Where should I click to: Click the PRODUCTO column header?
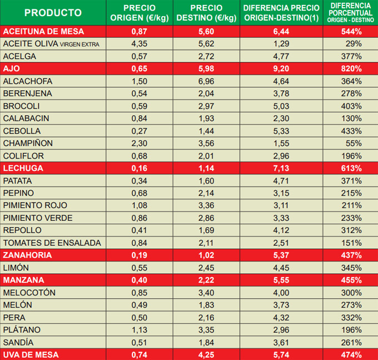pyautogui.click(x=53, y=13)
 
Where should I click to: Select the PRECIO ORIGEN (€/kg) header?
pyautogui.click(x=140, y=13)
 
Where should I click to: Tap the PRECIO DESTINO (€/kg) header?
pyautogui.click(x=206, y=13)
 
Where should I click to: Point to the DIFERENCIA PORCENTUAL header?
pyautogui.click(x=351, y=12)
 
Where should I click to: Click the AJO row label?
pyautogui.click(x=12, y=68)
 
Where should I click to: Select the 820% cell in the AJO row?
pyautogui.click(x=351, y=68)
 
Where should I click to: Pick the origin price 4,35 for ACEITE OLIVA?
pyautogui.click(x=140, y=43)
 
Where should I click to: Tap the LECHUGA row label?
pyautogui.click(x=23, y=168)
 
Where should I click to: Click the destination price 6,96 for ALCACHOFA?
pyautogui.click(x=206, y=81)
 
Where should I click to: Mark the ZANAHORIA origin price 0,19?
pyautogui.click(x=140, y=255)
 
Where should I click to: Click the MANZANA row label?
pyautogui.click(x=23, y=280)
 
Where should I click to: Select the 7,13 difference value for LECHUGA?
pyautogui.click(x=282, y=168)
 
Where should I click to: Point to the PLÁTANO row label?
pyautogui.click(x=22, y=330)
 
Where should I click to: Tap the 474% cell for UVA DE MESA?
pyautogui.click(x=351, y=354)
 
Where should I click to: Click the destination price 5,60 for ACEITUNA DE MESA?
pyautogui.click(x=206, y=31)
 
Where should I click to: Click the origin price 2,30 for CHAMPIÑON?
pyautogui.click(x=140, y=143)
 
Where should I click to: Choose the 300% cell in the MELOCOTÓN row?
pyautogui.click(x=351, y=293)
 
